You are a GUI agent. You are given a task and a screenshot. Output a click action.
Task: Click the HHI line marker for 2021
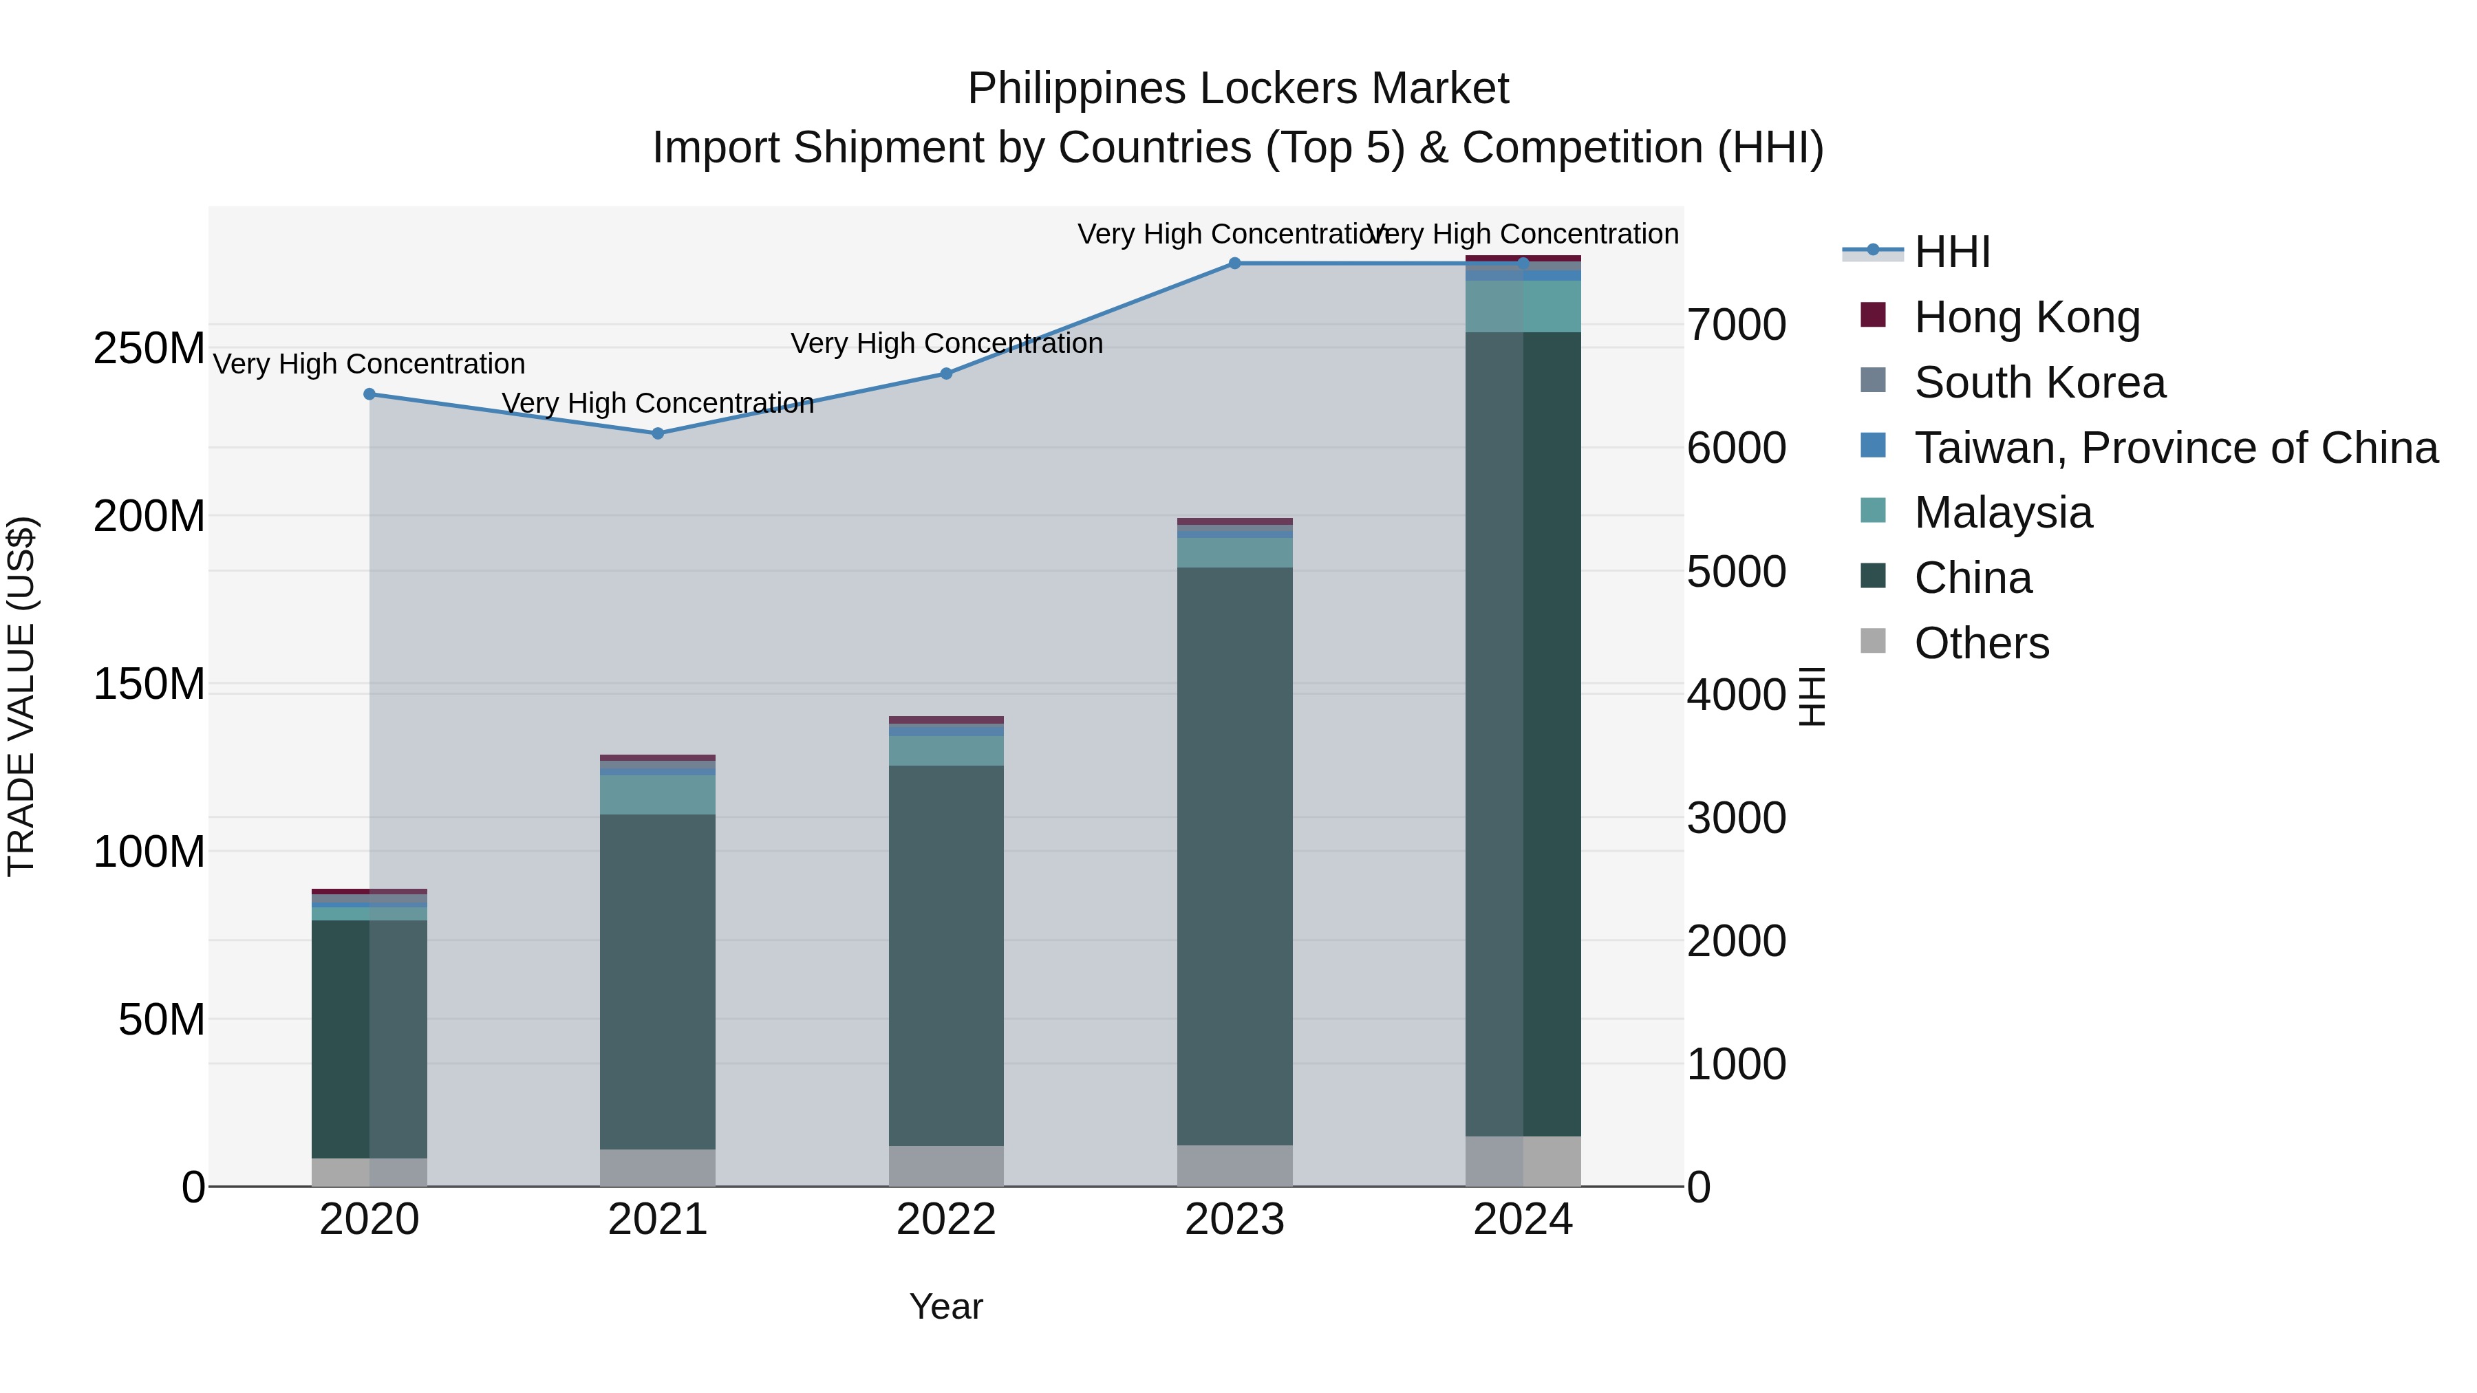[658, 433]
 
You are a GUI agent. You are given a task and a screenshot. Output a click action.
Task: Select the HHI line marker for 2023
[1234, 263]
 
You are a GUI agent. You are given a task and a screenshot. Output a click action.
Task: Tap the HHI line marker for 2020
[369, 394]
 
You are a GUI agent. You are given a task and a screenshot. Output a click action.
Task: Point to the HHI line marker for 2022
[946, 374]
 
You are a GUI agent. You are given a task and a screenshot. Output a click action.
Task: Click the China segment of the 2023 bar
[1234, 856]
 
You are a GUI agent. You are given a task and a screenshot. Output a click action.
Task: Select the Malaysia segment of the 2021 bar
[658, 795]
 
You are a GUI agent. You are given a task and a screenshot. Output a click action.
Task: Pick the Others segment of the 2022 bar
[946, 1166]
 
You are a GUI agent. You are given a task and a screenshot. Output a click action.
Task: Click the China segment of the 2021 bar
[658, 980]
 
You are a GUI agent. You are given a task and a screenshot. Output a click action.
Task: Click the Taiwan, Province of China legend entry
[2175, 448]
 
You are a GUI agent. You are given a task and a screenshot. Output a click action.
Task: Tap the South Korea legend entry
[2039, 382]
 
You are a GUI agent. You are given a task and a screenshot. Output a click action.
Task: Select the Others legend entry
[1981, 643]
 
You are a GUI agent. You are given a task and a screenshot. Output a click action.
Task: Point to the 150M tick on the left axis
[149, 684]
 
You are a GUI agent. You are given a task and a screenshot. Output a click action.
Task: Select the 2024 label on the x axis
[1523, 1220]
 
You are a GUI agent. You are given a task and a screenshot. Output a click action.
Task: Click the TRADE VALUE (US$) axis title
[21, 696]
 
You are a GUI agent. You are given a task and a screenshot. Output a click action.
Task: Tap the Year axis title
[946, 1306]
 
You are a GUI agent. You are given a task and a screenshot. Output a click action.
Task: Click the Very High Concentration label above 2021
[658, 403]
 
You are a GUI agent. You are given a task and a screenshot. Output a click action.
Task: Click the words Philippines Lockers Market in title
[1238, 89]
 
